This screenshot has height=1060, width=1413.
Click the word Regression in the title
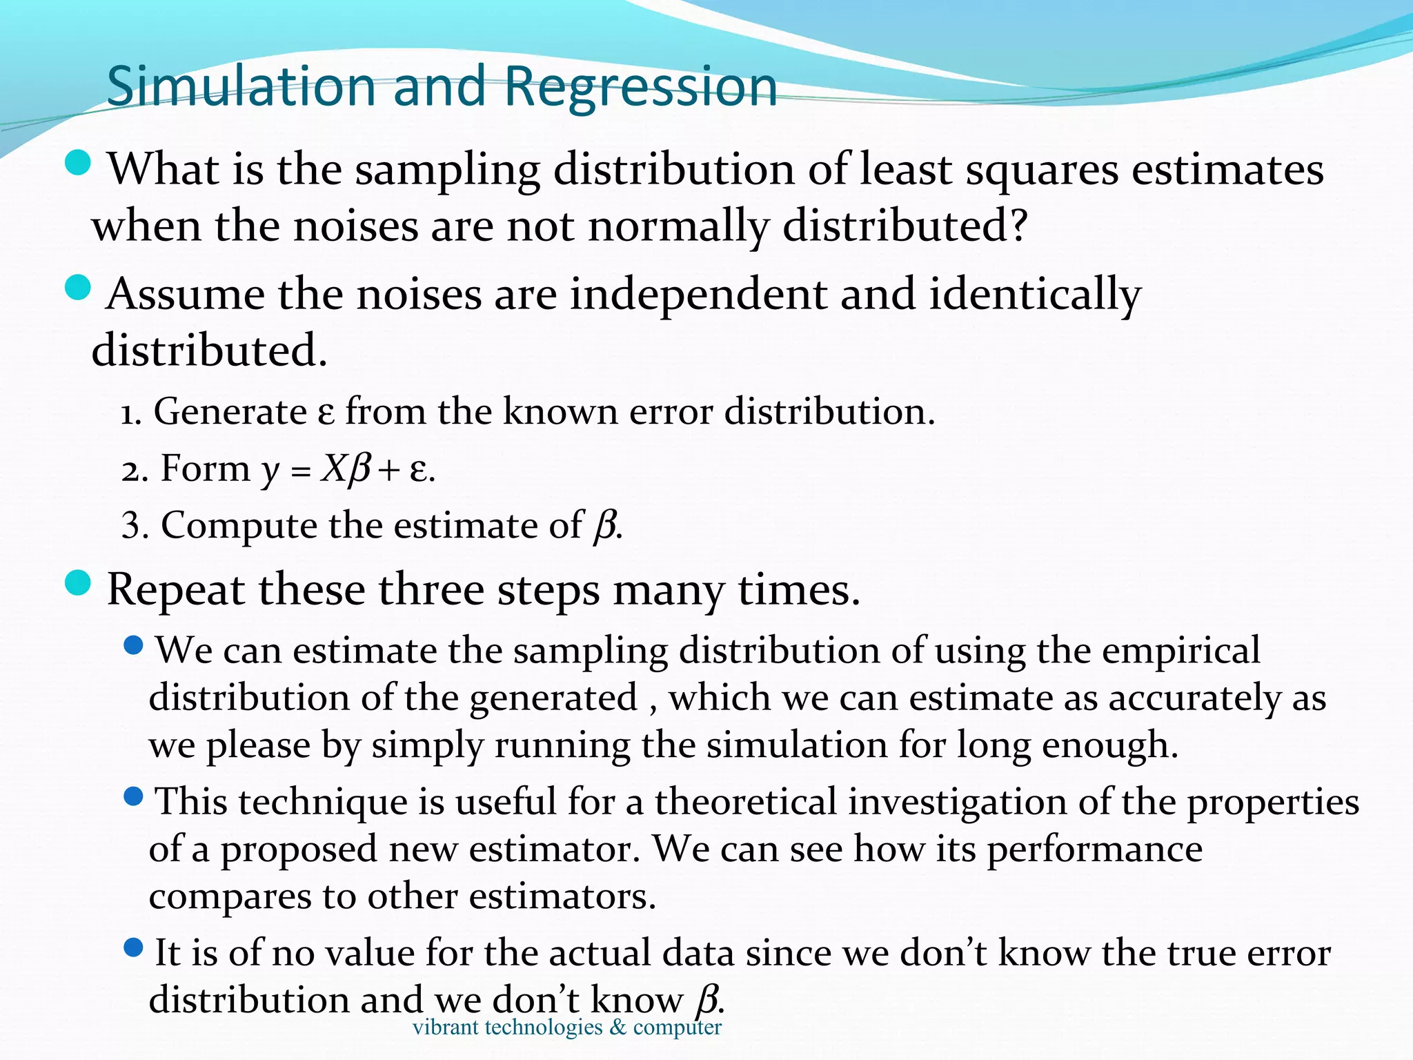point(641,87)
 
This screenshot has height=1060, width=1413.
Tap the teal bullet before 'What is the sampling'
point(78,163)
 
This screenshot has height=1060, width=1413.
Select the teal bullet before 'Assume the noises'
point(78,288)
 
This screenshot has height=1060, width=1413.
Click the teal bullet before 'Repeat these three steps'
point(78,583)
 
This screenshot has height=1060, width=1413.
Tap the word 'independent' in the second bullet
point(698,295)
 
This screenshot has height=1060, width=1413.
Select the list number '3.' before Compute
point(134,526)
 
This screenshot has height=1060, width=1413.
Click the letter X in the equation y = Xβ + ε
point(333,470)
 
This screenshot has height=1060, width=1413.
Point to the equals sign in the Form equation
point(300,473)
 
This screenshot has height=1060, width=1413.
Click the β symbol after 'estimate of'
point(604,526)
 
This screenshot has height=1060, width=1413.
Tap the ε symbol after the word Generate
point(326,414)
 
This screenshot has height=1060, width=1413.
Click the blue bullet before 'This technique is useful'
point(133,797)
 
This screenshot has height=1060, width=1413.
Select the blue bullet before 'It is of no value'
point(133,948)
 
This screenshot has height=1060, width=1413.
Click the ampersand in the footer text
point(618,1028)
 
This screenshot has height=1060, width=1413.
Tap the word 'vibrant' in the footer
point(445,1028)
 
